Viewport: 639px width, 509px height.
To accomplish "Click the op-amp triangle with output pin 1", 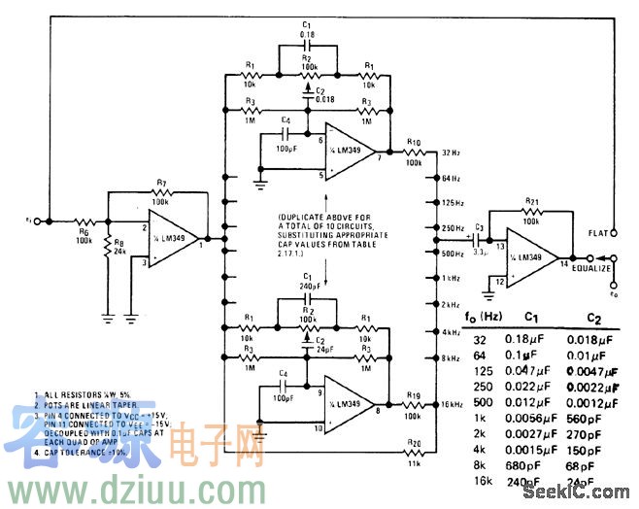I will pos(174,238).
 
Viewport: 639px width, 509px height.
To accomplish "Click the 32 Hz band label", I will pos(450,153).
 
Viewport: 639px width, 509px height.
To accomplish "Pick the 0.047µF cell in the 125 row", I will pos(529,371).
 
